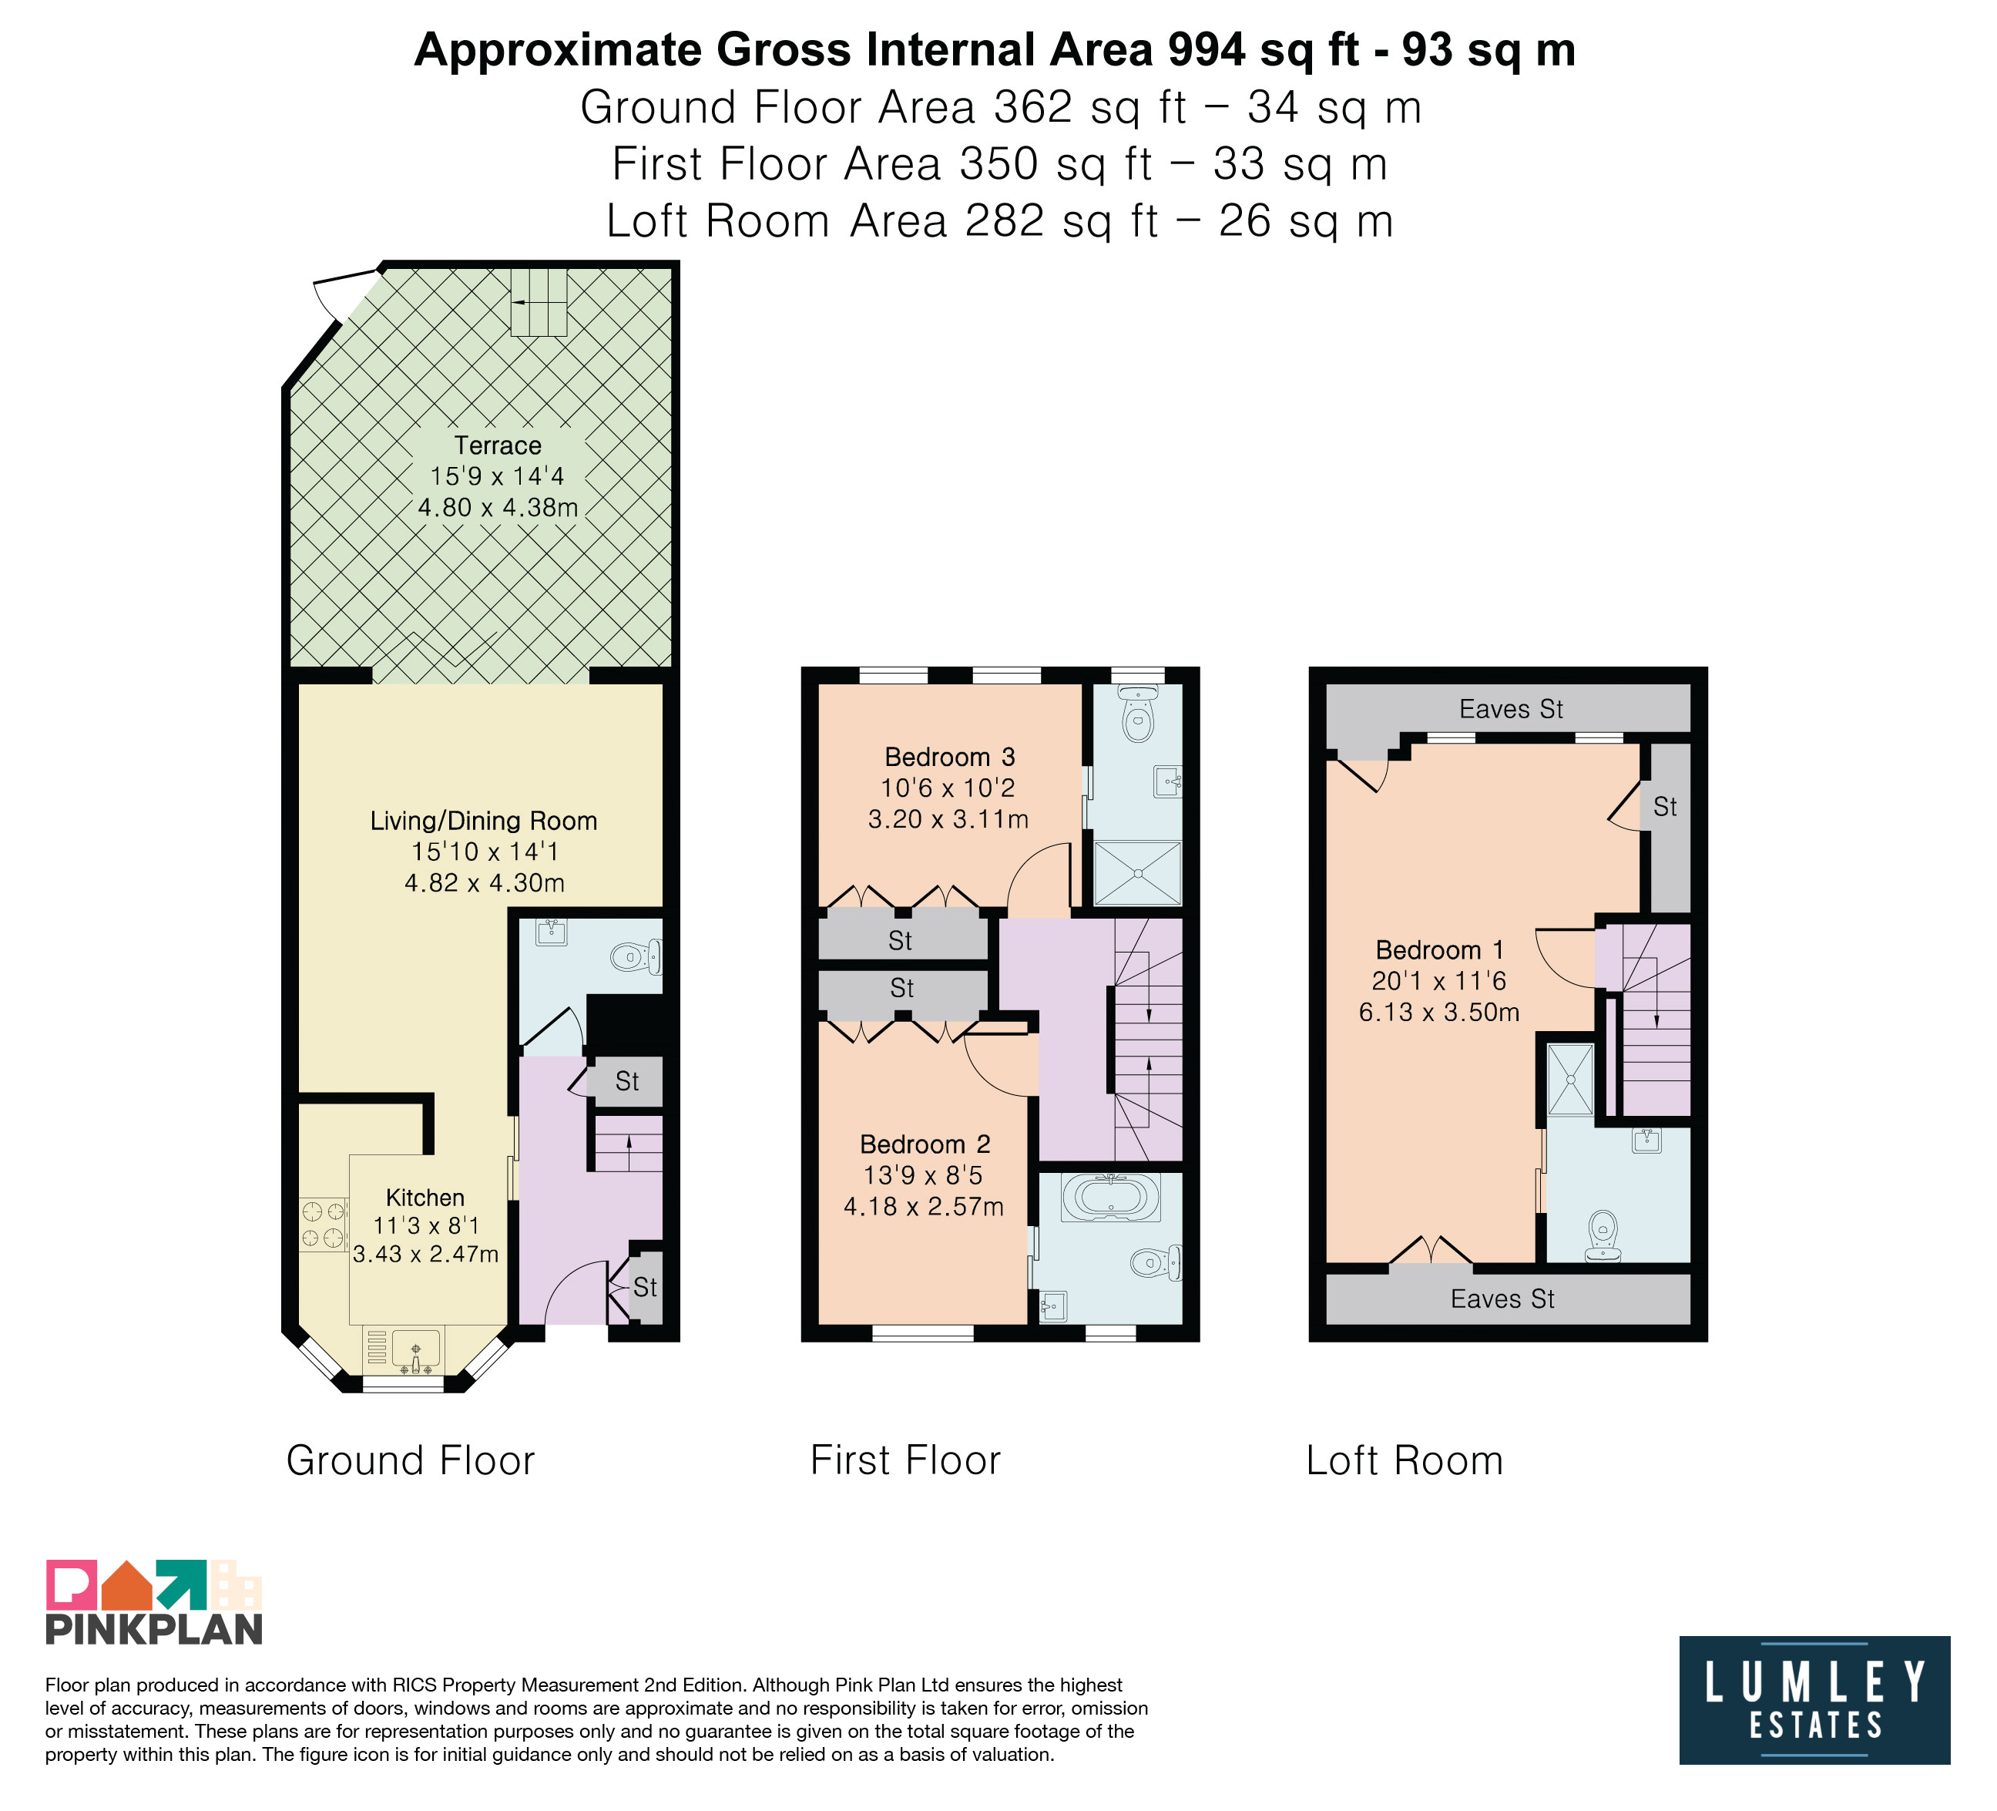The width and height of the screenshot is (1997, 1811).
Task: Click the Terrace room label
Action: pyautogui.click(x=497, y=446)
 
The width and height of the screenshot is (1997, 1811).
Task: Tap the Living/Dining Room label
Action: pyautogui.click(x=483, y=822)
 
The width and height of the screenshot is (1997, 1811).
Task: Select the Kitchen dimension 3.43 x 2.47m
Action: pyautogui.click(x=426, y=1255)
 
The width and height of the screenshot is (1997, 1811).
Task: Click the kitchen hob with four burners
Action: pyautogui.click(x=324, y=1224)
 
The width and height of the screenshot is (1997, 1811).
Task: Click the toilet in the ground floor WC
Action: pyautogui.click(x=636, y=957)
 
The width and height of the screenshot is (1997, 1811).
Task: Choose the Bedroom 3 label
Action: pyautogui.click(x=950, y=758)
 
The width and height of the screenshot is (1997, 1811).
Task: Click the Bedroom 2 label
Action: pyautogui.click(x=925, y=1145)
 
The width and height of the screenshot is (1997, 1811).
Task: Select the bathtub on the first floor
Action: pyautogui.click(x=1110, y=1197)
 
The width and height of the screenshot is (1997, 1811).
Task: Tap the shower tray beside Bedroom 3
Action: pyautogui.click(x=1137, y=873)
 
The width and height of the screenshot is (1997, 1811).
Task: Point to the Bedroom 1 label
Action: pyautogui.click(x=1439, y=951)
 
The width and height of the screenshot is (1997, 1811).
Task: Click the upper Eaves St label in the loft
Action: pyautogui.click(x=1511, y=709)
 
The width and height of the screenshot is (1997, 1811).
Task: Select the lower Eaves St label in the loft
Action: pyautogui.click(x=1502, y=1299)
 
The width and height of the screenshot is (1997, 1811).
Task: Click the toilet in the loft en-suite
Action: pyautogui.click(x=1603, y=1236)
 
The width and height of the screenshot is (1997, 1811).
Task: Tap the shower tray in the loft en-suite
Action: pyautogui.click(x=1570, y=1079)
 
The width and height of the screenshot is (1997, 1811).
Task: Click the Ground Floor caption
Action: pyautogui.click(x=410, y=1461)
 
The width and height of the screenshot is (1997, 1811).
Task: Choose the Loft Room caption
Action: pyautogui.click(x=1405, y=1461)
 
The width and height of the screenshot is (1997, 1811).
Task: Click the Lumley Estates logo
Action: pyautogui.click(x=1814, y=1701)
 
